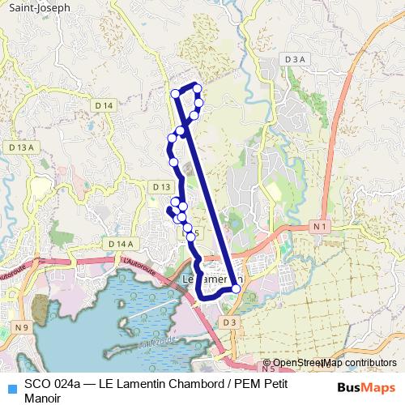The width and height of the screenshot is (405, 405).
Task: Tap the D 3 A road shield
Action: tap(296, 59)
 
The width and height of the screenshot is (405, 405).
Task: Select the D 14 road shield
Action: tap(104, 105)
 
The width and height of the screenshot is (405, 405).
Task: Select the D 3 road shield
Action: tap(231, 322)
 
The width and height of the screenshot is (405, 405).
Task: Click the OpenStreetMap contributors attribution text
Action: tap(335, 363)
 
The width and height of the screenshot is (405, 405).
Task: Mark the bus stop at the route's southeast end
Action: tap(236, 288)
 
